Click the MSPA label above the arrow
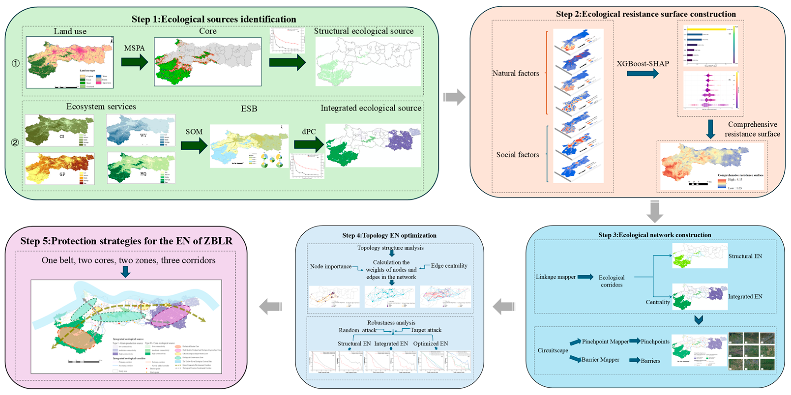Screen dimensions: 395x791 (x=134, y=48)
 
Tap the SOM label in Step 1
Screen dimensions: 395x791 (x=194, y=132)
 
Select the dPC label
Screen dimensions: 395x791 (x=309, y=132)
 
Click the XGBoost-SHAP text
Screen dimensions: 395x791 (x=643, y=64)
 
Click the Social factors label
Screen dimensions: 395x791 (x=518, y=155)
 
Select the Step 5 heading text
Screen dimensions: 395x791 (x=126, y=241)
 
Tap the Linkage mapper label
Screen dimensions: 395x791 (x=556, y=277)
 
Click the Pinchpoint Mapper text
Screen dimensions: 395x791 (x=605, y=342)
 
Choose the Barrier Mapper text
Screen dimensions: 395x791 (x=600, y=360)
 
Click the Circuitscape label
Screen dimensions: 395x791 (x=553, y=351)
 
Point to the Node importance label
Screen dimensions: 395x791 (x=331, y=266)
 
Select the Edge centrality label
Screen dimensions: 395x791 (x=449, y=266)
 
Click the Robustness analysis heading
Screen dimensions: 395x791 (x=391, y=323)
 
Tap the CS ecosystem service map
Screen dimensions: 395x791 (x=59, y=130)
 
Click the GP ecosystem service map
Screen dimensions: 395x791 (x=59, y=169)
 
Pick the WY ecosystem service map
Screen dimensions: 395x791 (x=141, y=130)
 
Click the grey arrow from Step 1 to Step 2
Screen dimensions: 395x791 (x=454, y=97)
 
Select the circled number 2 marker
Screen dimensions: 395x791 (x=15, y=142)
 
